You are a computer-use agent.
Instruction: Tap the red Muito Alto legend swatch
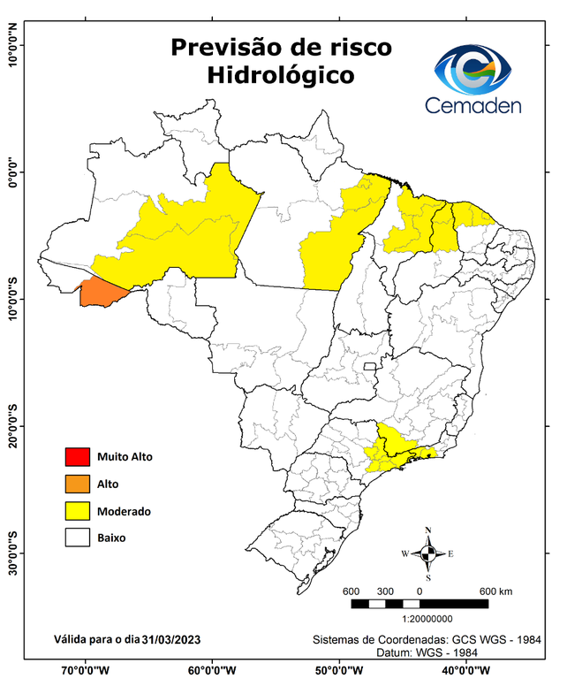(76, 457)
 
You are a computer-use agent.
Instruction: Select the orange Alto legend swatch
(76, 484)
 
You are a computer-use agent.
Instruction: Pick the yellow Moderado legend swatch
(76, 511)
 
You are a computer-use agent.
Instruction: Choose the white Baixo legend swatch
(76, 537)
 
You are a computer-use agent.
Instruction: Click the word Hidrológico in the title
(281, 75)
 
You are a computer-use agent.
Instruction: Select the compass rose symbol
(427, 553)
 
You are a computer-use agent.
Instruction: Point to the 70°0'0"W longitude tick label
(86, 668)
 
